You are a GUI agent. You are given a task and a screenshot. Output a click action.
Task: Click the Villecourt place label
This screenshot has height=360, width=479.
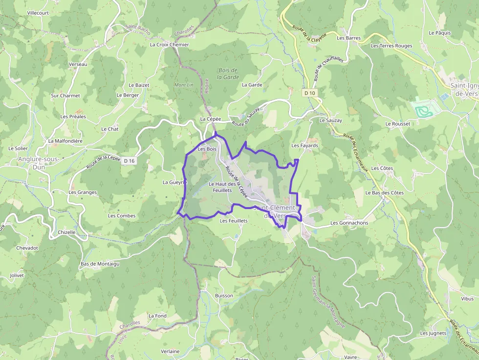[38, 13]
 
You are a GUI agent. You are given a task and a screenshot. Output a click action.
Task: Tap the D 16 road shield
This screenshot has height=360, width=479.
[129, 160]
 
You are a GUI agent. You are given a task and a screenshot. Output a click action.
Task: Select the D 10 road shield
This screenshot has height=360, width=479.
[309, 93]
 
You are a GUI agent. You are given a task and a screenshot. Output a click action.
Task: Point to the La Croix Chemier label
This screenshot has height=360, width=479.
[169, 44]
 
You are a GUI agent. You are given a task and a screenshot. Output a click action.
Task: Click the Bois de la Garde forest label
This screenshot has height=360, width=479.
[228, 73]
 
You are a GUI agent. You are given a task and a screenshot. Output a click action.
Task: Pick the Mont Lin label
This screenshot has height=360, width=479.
[184, 85]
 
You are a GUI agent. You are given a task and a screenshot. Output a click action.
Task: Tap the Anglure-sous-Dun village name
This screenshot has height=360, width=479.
[38, 163]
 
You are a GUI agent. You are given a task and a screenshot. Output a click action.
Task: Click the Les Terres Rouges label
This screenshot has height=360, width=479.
[392, 46]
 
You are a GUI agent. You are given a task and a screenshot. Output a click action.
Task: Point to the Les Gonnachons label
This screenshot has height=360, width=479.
[349, 223]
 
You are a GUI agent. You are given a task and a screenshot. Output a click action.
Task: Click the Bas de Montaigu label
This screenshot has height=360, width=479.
[100, 264]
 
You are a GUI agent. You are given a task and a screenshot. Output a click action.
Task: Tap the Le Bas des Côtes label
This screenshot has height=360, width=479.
[385, 192]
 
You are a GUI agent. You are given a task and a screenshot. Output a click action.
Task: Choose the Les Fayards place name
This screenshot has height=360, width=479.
[305, 146]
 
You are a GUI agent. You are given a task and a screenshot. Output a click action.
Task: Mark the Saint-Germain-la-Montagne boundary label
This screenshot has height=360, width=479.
[328, 302]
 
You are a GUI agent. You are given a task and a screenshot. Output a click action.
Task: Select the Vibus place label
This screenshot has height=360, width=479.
[467, 298]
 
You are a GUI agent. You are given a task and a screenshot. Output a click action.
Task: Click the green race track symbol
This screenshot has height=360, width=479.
[423, 108]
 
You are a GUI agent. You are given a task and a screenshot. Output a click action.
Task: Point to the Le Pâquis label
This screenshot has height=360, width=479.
[439, 33]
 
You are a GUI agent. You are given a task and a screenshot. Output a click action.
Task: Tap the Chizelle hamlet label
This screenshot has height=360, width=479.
[66, 232]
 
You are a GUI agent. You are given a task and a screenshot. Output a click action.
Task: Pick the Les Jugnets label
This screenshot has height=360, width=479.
[433, 333]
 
